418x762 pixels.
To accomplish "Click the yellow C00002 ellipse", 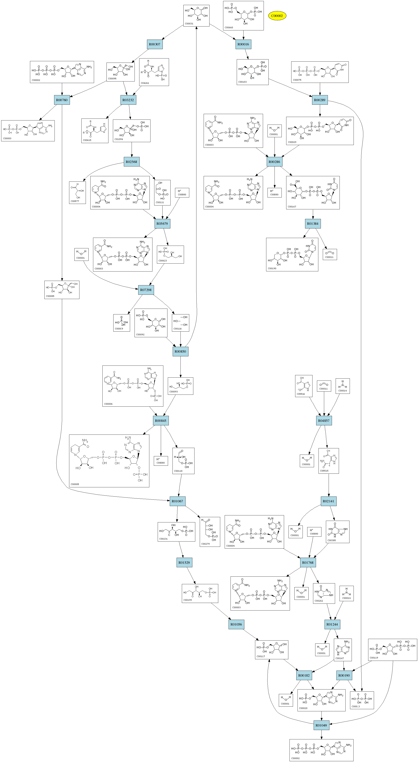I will coord(277,16).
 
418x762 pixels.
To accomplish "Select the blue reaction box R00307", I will coord(155,44).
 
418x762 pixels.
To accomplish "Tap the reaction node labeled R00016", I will coord(243,44).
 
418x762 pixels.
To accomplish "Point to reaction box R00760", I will coord(62,100).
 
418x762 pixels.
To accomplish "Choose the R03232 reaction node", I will coord(128,100).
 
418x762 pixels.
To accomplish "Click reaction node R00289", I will coord(320,100).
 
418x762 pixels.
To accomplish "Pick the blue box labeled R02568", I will coord(131,162).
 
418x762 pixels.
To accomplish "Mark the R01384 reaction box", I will coord(313,224).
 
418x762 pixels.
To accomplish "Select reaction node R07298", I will coord(146,290).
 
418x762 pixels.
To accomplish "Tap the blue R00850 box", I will coord(180,351).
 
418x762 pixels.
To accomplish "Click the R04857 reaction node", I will coord(324,421).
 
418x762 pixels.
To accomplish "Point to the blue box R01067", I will coord(178,501).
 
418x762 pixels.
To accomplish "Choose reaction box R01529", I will coord(184,562).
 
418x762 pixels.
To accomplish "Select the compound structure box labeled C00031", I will coord(196,15).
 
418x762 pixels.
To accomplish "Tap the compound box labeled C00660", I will coord(243,15).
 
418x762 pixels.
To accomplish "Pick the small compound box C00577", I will coord(77,193).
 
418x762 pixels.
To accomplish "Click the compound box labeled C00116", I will coord(180,323).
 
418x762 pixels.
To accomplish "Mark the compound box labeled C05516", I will coord(304,386).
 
